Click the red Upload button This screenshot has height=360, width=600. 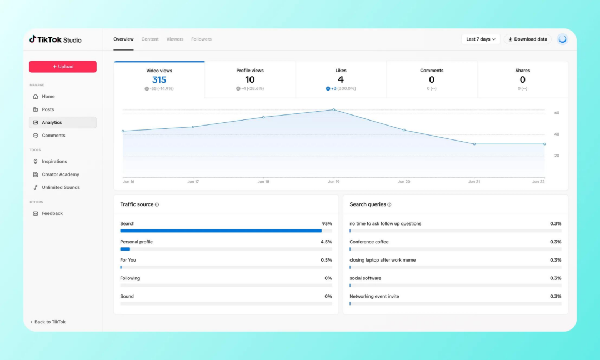coord(63,67)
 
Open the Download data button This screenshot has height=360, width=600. coord(527,39)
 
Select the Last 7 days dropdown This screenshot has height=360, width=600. coord(481,39)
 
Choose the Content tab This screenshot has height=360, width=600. coord(150,39)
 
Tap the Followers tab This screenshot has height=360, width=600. coord(201,39)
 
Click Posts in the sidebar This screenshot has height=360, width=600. coord(48,109)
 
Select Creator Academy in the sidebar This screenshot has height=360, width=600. coord(61,174)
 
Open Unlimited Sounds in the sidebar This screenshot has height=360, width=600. coord(61,187)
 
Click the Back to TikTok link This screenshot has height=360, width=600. coord(48,322)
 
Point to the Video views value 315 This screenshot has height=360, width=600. coord(159,79)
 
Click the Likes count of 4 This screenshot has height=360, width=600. coord(341,79)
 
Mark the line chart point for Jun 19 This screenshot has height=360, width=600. coord(334,110)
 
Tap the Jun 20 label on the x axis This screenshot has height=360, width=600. coord(404,182)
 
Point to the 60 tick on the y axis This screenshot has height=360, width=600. coord(557,113)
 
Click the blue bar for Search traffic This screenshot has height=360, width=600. coord(221,231)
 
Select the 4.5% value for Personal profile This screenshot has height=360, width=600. coord(326,242)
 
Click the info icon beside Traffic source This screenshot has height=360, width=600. coord(157,204)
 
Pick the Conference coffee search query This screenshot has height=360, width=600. coord(369,242)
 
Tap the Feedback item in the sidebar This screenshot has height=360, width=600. coord(52,213)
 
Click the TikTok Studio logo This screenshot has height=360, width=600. coord(56,39)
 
